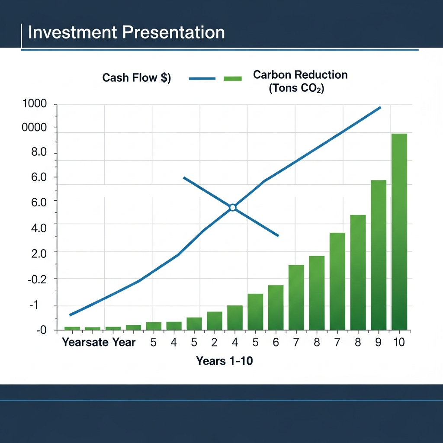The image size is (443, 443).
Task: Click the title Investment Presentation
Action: tap(126, 33)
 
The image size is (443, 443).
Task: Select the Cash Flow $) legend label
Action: tap(136, 78)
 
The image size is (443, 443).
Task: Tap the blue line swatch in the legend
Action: tap(202, 78)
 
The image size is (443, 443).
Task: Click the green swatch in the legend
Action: tap(232, 78)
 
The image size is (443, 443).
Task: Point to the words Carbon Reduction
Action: tap(300, 74)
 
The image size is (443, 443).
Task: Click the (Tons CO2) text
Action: tap(296, 88)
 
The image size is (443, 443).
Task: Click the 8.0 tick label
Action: tap(38, 153)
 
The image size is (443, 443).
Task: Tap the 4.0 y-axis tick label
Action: tap(38, 227)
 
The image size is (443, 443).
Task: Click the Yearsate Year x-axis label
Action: tap(99, 342)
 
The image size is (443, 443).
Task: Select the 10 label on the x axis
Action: tap(398, 342)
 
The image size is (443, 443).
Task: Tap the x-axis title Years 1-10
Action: tap(224, 360)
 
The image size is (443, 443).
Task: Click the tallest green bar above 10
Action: tap(399, 231)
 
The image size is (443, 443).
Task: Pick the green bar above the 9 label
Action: tap(379, 255)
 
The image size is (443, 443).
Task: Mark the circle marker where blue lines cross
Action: tap(233, 208)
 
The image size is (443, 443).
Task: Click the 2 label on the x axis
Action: tap(214, 342)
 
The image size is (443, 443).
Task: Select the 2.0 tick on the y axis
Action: tap(38, 253)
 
